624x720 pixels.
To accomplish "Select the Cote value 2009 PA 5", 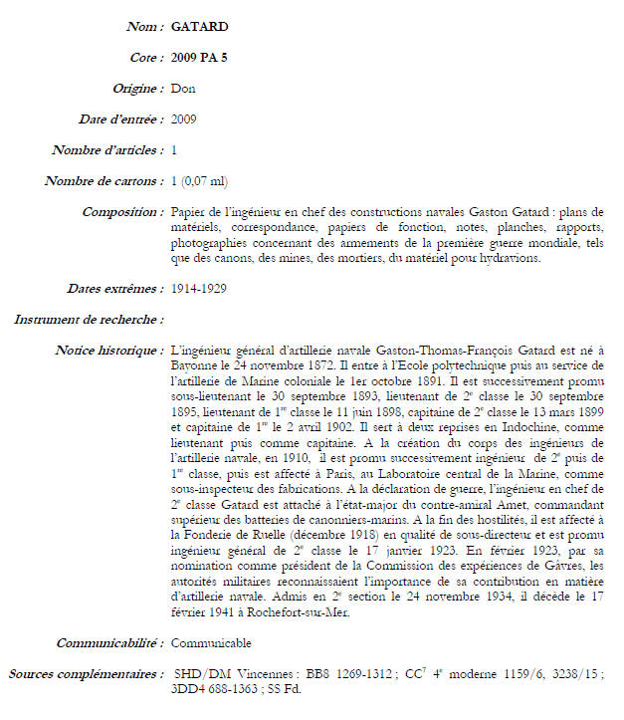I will (199, 57).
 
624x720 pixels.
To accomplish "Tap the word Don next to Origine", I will (183, 89).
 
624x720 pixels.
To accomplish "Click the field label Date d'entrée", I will (120, 120).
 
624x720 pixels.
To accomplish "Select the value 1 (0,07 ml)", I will (199, 181).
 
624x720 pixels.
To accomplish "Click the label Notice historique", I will (109, 351).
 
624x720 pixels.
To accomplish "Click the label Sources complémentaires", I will (86, 674).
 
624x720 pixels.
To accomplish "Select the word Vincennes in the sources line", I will (264, 674).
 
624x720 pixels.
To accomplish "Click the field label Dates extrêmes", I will (117, 289).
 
